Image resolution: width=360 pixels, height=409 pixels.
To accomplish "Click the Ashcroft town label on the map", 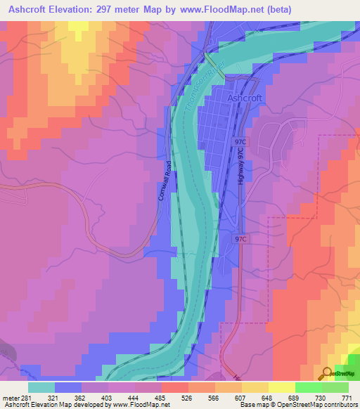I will [245, 100].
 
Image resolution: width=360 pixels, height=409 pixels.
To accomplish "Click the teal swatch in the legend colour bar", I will [41, 387].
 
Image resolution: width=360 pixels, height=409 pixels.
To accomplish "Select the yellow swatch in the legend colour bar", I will [282, 387].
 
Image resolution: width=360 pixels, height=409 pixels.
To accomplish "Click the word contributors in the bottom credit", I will [337, 404].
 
